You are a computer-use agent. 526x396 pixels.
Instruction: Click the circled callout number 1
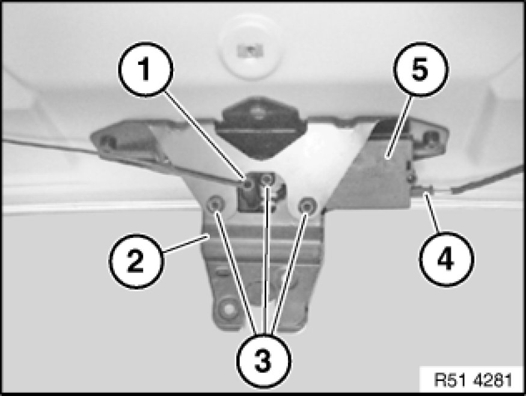(x=145, y=70)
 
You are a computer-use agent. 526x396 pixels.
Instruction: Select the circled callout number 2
(x=136, y=261)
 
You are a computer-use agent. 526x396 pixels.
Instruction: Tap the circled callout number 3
(x=263, y=361)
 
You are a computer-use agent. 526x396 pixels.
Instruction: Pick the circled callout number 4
(x=446, y=258)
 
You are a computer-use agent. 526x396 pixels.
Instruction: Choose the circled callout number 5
(x=420, y=70)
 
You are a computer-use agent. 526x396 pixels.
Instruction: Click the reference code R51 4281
(x=473, y=380)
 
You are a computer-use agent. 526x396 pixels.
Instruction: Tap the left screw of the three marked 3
(x=215, y=204)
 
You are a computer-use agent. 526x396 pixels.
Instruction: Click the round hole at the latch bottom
(x=228, y=307)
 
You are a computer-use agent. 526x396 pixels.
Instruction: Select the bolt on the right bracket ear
(x=430, y=138)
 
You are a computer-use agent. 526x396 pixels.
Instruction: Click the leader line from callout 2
(x=186, y=244)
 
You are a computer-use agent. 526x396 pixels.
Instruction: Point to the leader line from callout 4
(x=432, y=212)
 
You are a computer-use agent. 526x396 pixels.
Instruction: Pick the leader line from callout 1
(x=206, y=135)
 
